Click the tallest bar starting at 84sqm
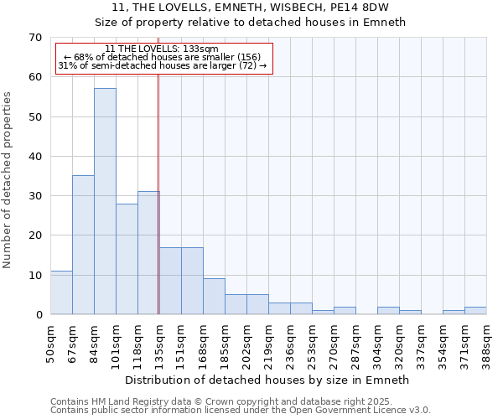(105, 201)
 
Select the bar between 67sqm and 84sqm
(83, 245)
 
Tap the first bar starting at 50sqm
(61, 292)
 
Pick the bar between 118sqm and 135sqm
(148, 252)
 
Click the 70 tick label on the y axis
(34, 38)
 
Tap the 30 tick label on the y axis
(34, 196)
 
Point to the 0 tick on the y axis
(38, 315)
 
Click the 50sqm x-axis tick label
(51, 339)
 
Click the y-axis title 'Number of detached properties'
(8, 180)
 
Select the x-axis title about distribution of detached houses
(266, 380)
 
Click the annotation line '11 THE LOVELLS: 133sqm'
(162, 49)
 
